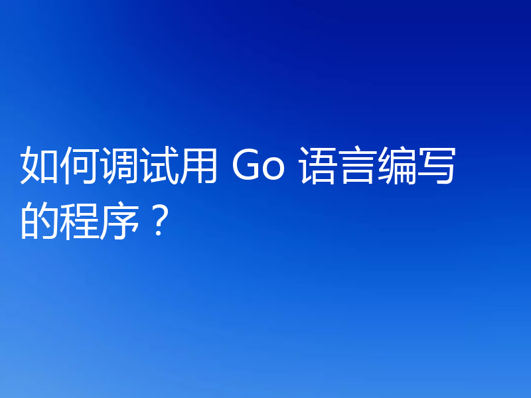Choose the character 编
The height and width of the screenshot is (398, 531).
[398, 166]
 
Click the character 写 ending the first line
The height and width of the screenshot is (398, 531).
[437, 166]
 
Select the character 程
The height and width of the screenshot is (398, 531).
[80, 220]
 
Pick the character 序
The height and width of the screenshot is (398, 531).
[119, 220]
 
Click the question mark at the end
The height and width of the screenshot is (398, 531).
[157, 220]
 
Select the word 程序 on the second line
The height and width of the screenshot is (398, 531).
[100, 220]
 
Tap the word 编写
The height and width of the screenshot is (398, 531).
[417, 166]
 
